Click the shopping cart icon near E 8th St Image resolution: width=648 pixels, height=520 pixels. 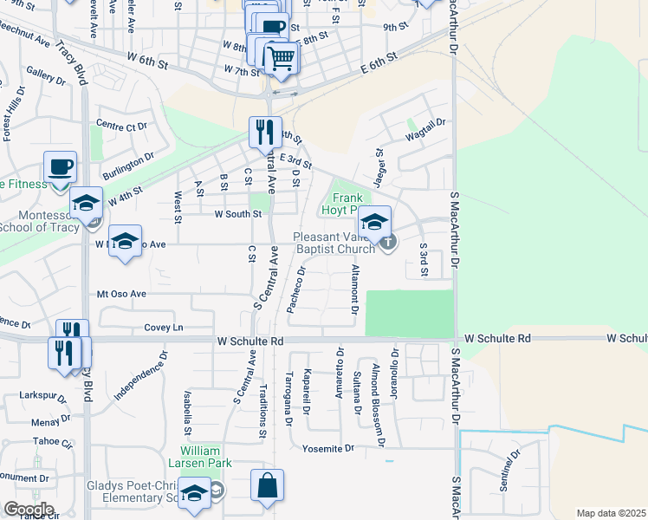pyautogui.click(x=280, y=59)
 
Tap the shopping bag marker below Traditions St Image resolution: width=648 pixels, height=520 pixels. pyautogui.click(x=268, y=486)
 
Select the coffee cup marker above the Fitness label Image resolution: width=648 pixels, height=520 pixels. pyautogui.click(x=61, y=166)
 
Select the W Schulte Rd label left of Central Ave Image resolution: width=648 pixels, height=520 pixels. pyautogui.click(x=250, y=341)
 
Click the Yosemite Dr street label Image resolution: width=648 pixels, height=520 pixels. pyautogui.click(x=329, y=448)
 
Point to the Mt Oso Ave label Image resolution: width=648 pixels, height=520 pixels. pyautogui.click(x=121, y=294)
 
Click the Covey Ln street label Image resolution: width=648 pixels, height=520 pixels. pyautogui.click(x=165, y=328)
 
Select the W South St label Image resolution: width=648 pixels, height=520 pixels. pyautogui.click(x=237, y=214)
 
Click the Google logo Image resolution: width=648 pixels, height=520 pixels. pyautogui.click(x=29, y=510)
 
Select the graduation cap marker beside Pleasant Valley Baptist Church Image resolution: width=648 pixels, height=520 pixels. pyautogui.click(x=375, y=222)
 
